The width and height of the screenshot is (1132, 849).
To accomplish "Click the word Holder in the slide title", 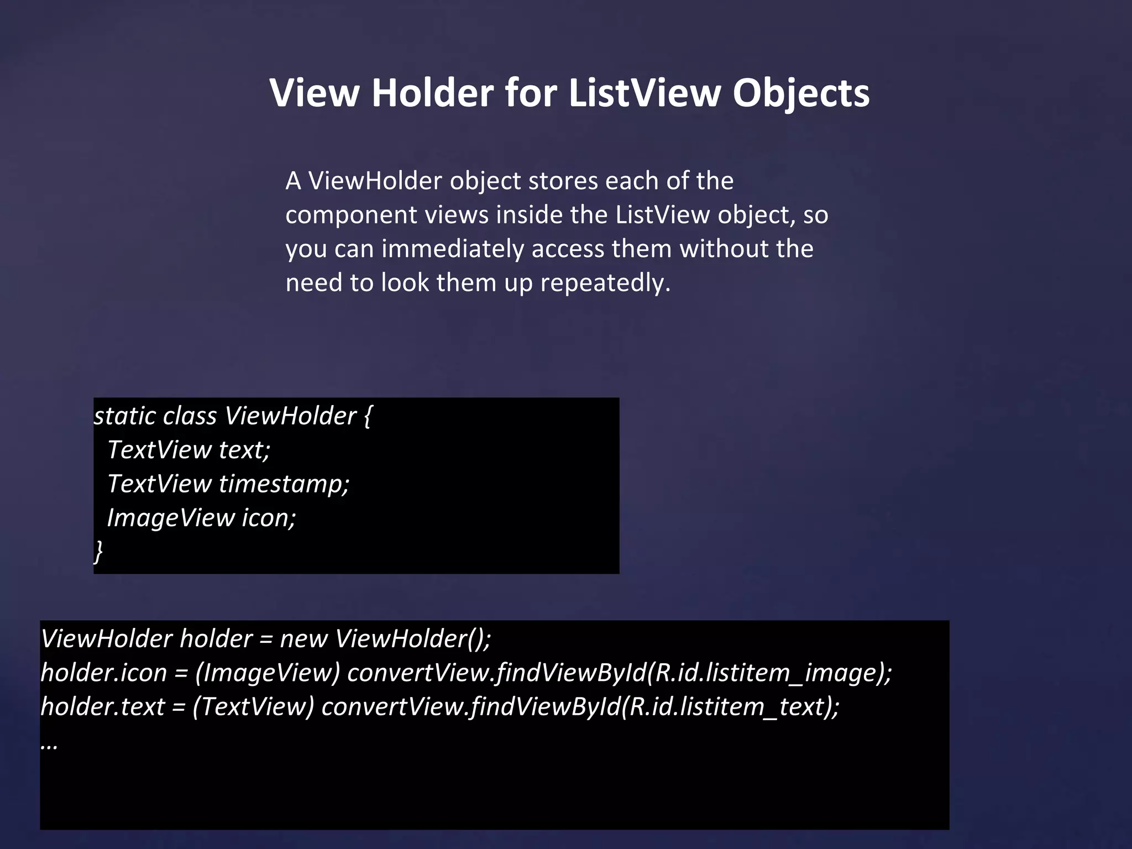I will coord(432,93).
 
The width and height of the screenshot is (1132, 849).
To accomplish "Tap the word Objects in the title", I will coord(801,93).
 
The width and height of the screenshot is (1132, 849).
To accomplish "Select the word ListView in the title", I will coord(644,93).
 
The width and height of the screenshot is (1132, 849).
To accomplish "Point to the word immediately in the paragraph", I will coord(453,249).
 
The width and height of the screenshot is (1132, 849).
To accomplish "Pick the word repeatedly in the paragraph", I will coord(605,283).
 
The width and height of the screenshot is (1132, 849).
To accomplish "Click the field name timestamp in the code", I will coord(284,484).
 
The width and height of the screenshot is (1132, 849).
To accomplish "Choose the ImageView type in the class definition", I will coord(171,518).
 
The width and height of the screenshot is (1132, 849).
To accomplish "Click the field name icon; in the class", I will coord(269,518).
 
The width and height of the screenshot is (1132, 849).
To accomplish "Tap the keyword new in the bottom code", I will coord(303,639).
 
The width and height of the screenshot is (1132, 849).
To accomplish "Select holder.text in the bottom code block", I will coord(103,707).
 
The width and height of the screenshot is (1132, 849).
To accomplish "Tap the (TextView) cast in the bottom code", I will coord(253,707).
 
